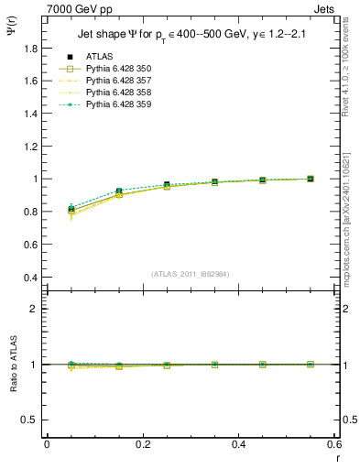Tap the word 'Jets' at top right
point(326,8)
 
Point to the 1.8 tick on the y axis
point(31,48)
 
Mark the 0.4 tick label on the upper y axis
point(31,278)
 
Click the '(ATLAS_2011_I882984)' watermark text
point(190,273)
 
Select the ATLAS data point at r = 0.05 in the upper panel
point(71,210)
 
